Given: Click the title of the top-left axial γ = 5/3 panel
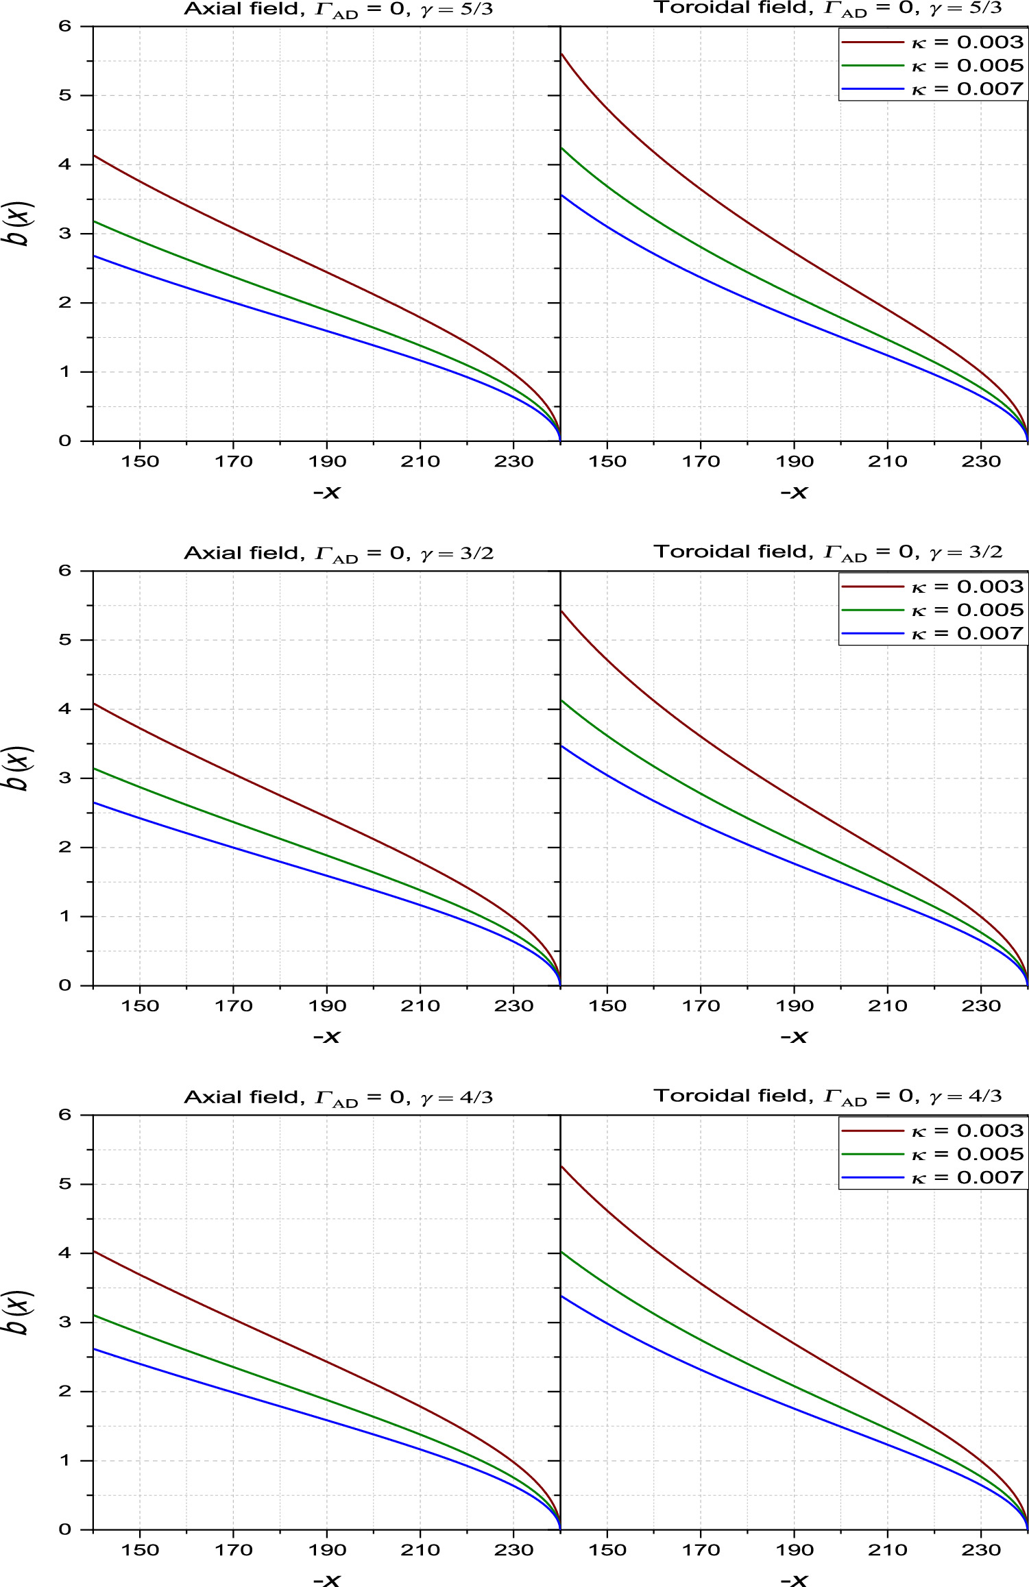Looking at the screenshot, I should (x=338, y=10).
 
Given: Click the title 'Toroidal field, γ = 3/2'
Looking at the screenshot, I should (x=827, y=552).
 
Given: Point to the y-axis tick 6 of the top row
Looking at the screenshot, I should (x=65, y=26).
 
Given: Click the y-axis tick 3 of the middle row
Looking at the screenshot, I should (x=65, y=778).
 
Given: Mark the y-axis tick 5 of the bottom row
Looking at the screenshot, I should (x=65, y=1183).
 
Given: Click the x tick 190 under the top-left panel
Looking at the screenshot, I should (x=327, y=461).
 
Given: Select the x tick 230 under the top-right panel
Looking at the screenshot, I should (x=981, y=461).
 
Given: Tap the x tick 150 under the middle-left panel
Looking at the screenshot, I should (x=140, y=1006).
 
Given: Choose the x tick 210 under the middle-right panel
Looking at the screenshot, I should (x=887, y=1006).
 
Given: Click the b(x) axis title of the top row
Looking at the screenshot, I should (x=21, y=223).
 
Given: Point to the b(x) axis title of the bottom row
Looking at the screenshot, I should (x=21, y=1312).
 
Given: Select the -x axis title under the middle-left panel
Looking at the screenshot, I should (x=327, y=1037).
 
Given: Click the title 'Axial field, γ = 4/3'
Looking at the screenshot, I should (x=338, y=1097).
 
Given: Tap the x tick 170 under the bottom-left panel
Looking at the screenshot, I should (x=233, y=1550).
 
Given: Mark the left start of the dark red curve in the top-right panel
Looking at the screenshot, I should (x=562, y=53).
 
